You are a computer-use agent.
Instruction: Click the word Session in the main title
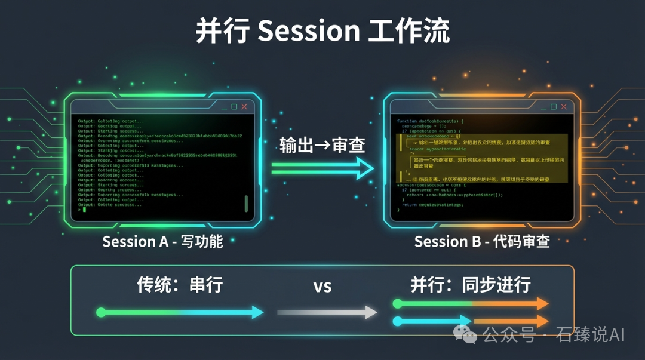click(x=308, y=31)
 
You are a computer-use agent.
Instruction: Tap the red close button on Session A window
click(x=244, y=107)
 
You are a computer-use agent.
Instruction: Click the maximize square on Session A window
click(x=234, y=107)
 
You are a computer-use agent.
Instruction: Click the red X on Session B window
click(x=563, y=107)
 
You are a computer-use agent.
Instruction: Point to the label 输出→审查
click(x=322, y=145)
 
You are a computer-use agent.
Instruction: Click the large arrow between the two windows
click(x=322, y=169)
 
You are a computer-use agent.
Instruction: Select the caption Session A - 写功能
click(x=162, y=242)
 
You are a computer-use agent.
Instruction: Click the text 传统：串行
click(x=180, y=285)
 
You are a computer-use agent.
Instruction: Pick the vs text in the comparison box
click(x=322, y=286)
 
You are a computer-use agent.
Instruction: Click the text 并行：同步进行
click(x=471, y=285)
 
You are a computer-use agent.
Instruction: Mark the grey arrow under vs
click(x=327, y=312)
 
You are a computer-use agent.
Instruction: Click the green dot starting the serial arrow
click(x=100, y=312)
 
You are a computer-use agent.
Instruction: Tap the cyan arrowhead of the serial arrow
click(x=257, y=312)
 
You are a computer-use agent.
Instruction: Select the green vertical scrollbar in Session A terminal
click(x=245, y=203)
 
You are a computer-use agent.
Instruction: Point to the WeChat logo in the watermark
click(x=466, y=334)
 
